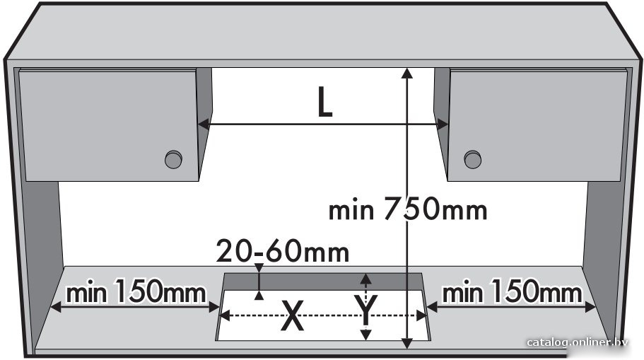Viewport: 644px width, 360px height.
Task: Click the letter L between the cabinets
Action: pos(324,103)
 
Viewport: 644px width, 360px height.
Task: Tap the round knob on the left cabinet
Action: pos(173,159)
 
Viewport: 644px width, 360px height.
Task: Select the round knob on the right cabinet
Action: pos(473,159)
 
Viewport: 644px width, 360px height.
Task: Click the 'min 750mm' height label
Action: pos(408,209)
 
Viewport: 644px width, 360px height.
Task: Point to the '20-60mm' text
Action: pos(283,252)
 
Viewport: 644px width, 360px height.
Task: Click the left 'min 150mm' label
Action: pos(136,293)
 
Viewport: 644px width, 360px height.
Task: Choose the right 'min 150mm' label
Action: pos(513,293)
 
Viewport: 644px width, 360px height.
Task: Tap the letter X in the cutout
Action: pos(293,315)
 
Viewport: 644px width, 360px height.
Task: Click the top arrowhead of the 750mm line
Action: pos(407,73)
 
